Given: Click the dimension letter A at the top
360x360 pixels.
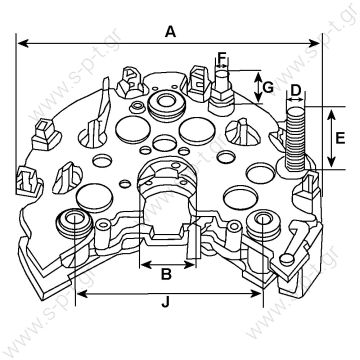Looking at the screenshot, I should (x=171, y=32).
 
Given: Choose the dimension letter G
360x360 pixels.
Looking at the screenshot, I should (x=268, y=87).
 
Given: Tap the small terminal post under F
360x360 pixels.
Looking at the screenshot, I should (x=222, y=88).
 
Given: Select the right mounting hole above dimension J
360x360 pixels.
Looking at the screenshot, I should (x=265, y=221).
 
